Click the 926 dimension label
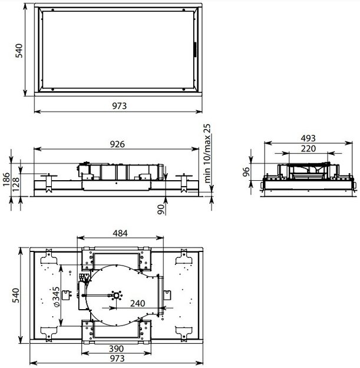tap(117, 144)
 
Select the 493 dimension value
tap(308, 138)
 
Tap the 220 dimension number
tap(308, 148)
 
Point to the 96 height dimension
tap(246, 172)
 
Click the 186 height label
tap(6, 180)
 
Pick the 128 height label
tap(16, 184)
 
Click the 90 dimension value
tap(161, 209)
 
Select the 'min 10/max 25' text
tap(207, 153)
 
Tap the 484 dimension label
tap(120, 233)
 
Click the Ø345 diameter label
tap(57, 296)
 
